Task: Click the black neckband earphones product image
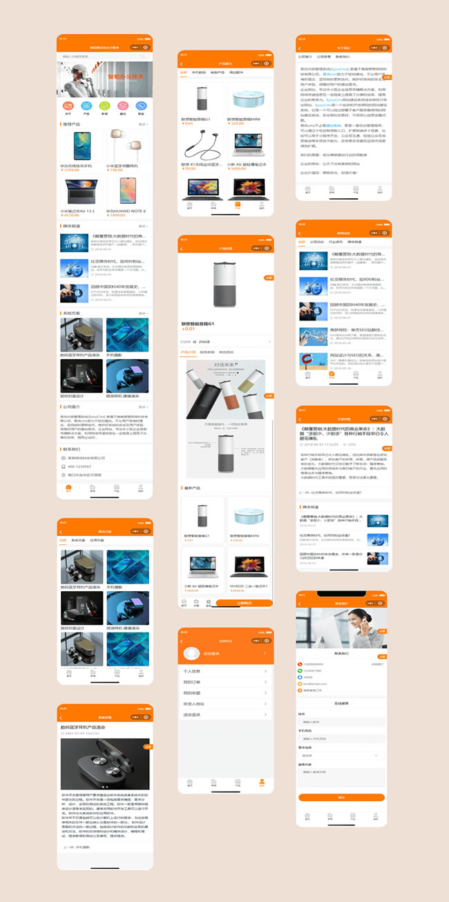point(201,146)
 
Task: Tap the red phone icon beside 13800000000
point(300,664)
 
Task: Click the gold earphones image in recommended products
point(127,144)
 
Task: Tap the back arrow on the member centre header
point(182,641)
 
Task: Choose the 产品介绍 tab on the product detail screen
point(188,352)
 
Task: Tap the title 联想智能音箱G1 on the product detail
point(198,324)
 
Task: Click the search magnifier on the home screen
point(142,57)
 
